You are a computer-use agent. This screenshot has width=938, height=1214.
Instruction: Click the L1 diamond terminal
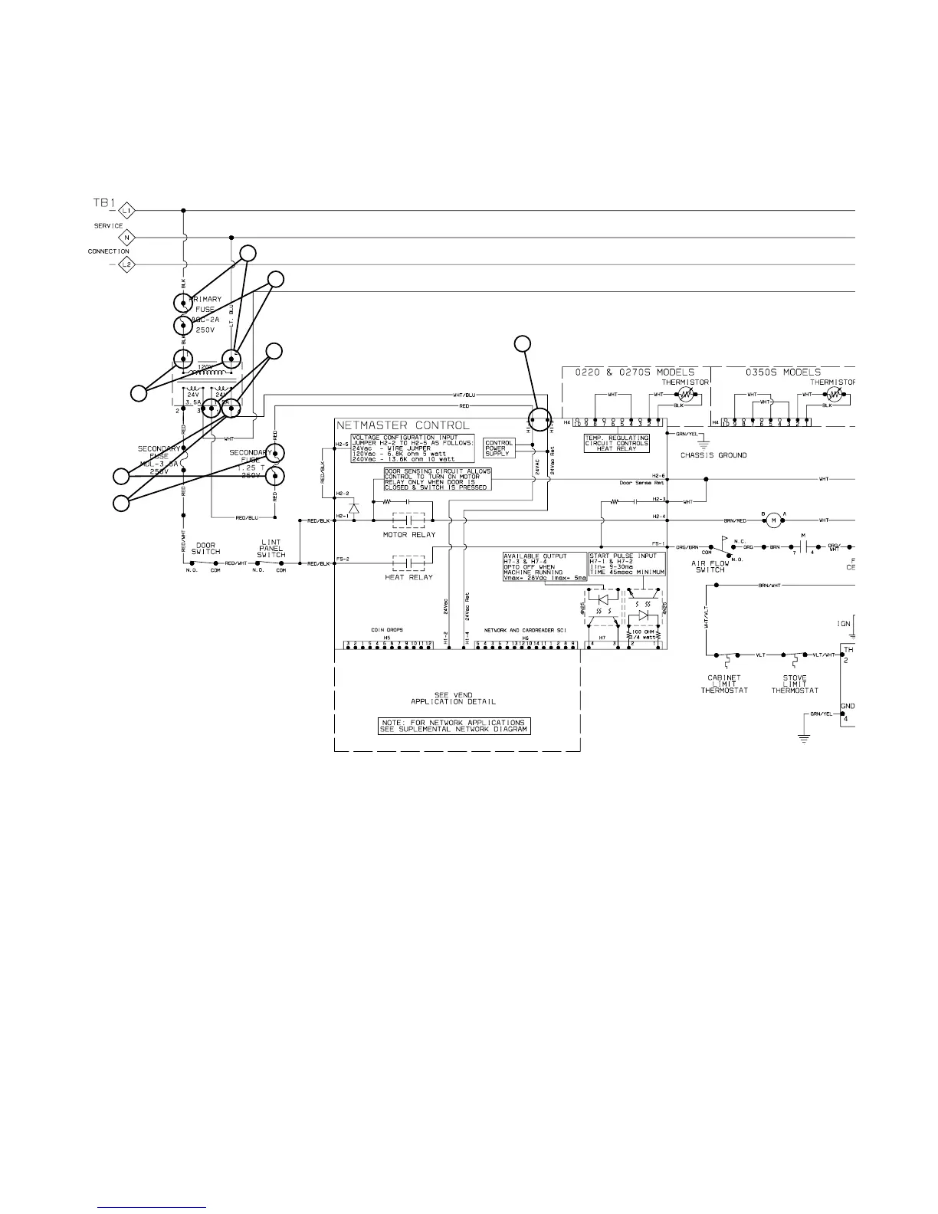127,210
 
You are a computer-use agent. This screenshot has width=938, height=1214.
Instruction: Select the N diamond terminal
127,238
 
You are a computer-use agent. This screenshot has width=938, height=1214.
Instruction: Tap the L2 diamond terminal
127,265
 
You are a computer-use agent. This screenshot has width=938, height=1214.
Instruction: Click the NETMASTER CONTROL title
403,425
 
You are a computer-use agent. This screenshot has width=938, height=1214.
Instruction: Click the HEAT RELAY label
408,578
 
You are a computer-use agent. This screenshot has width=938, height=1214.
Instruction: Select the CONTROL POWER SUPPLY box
498,448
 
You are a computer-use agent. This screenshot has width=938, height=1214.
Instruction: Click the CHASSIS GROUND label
713,455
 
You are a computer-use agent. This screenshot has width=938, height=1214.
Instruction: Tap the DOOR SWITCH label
205,549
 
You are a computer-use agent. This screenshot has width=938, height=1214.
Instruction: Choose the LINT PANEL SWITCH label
271,549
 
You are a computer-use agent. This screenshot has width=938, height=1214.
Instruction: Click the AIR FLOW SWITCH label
710,566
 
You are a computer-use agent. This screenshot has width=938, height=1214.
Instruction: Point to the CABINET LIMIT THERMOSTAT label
723,684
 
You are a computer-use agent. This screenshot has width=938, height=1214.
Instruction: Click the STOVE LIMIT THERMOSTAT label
795,684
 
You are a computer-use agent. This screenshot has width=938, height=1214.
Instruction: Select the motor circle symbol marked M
773,520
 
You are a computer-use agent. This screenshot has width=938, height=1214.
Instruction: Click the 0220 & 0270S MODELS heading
635,372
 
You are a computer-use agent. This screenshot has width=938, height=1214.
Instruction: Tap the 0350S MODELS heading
782,372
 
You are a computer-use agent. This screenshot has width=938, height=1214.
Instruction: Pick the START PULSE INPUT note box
627,564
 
